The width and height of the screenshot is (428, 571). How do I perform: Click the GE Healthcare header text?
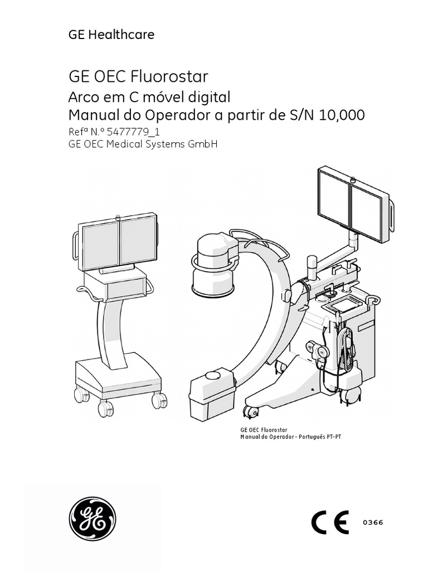tap(111, 35)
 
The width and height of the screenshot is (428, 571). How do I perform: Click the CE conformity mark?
tap(329, 522)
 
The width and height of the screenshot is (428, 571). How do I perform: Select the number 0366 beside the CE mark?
tap(373, 522)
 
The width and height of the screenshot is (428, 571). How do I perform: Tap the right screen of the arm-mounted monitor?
tap(367, 211)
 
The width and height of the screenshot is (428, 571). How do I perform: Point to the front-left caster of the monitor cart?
tap(105, 409)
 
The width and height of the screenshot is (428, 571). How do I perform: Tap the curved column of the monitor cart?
tap(109, 329)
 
